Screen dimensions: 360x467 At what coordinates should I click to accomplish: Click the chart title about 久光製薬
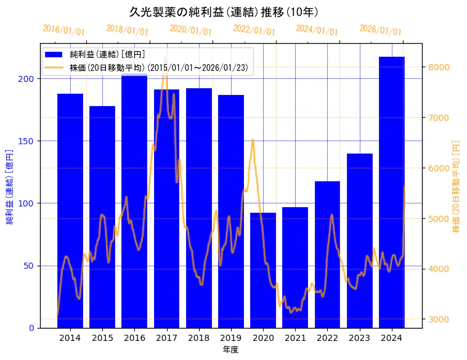224,12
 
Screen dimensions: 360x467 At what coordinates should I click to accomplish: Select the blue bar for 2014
70,210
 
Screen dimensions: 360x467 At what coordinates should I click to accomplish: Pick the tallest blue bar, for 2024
392,191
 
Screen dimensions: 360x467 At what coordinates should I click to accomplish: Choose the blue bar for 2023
360,240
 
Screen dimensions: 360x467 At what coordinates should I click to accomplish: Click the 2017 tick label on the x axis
166,338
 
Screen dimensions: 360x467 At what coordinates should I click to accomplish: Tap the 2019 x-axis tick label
231,338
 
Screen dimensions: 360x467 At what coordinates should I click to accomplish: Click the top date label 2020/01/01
190,30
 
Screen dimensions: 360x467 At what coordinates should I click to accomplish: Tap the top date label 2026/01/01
380,30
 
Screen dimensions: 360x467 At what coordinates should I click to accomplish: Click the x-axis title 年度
231,350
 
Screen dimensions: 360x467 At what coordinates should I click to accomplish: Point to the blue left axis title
10,186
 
